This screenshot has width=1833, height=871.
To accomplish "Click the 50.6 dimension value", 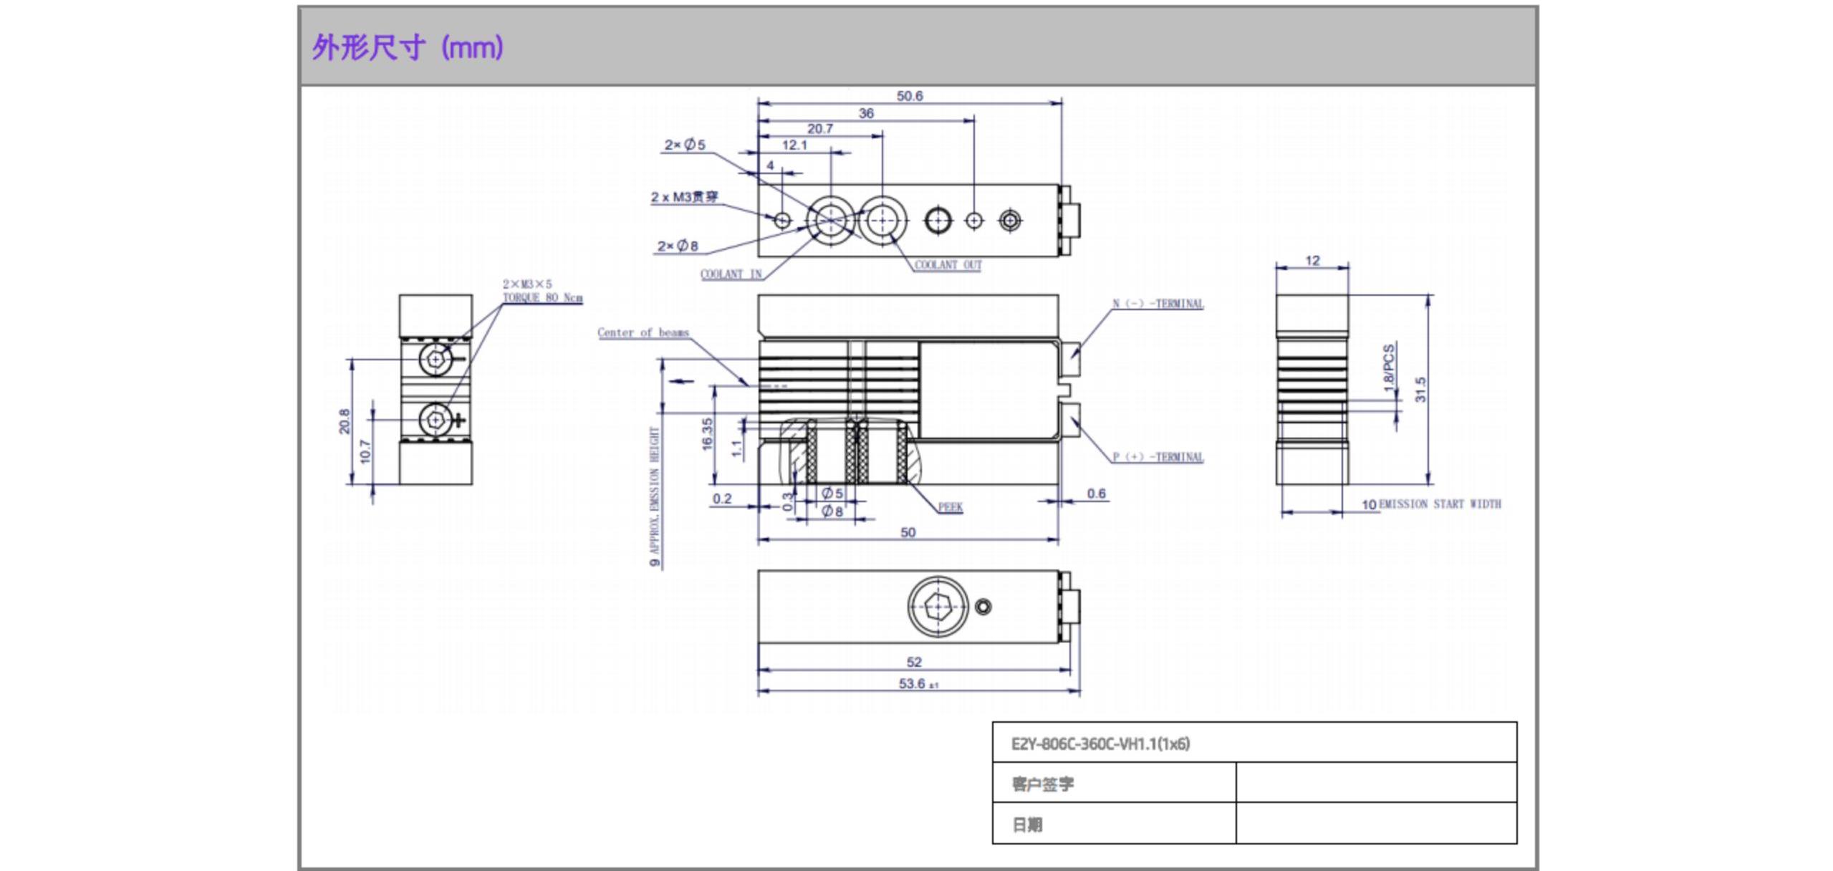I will [x=909, y=96].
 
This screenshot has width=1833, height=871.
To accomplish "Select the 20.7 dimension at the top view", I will [x=819, y=129].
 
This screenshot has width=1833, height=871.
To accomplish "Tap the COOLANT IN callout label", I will [x=731, y=274].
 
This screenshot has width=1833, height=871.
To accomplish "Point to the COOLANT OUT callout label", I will [x=948, y=265].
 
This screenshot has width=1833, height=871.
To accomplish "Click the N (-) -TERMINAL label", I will [x=1158, y=304].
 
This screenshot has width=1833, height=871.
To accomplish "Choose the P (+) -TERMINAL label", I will [x=1158, y=457].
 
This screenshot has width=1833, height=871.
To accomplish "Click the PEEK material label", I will [x=950, y=507].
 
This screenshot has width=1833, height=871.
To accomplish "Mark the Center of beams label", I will [x=643, y=332].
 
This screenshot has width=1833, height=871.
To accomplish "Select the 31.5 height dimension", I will [x=1420, y=389].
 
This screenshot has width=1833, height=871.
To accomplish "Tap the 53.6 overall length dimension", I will [x=912, y=684].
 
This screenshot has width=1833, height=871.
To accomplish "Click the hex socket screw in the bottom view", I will [x=938, y=607].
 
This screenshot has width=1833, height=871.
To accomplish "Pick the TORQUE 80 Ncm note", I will [x=542, y=297].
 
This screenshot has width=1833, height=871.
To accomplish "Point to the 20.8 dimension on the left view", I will [x=345, y=421].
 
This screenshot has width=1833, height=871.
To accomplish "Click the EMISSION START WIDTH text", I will [x=1439, y=504].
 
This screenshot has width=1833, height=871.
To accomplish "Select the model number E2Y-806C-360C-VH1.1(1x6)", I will [x=1100, y=744].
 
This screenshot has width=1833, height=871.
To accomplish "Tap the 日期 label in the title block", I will [x=1027, y=825].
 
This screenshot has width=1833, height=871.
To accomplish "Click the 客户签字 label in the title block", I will [x=1042, y=784].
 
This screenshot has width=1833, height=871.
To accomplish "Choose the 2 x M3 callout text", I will [x=684, y=197].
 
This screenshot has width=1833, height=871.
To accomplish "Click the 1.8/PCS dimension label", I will [x=1389, y=367].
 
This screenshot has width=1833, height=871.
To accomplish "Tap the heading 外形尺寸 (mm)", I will [x=408, y=48].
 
